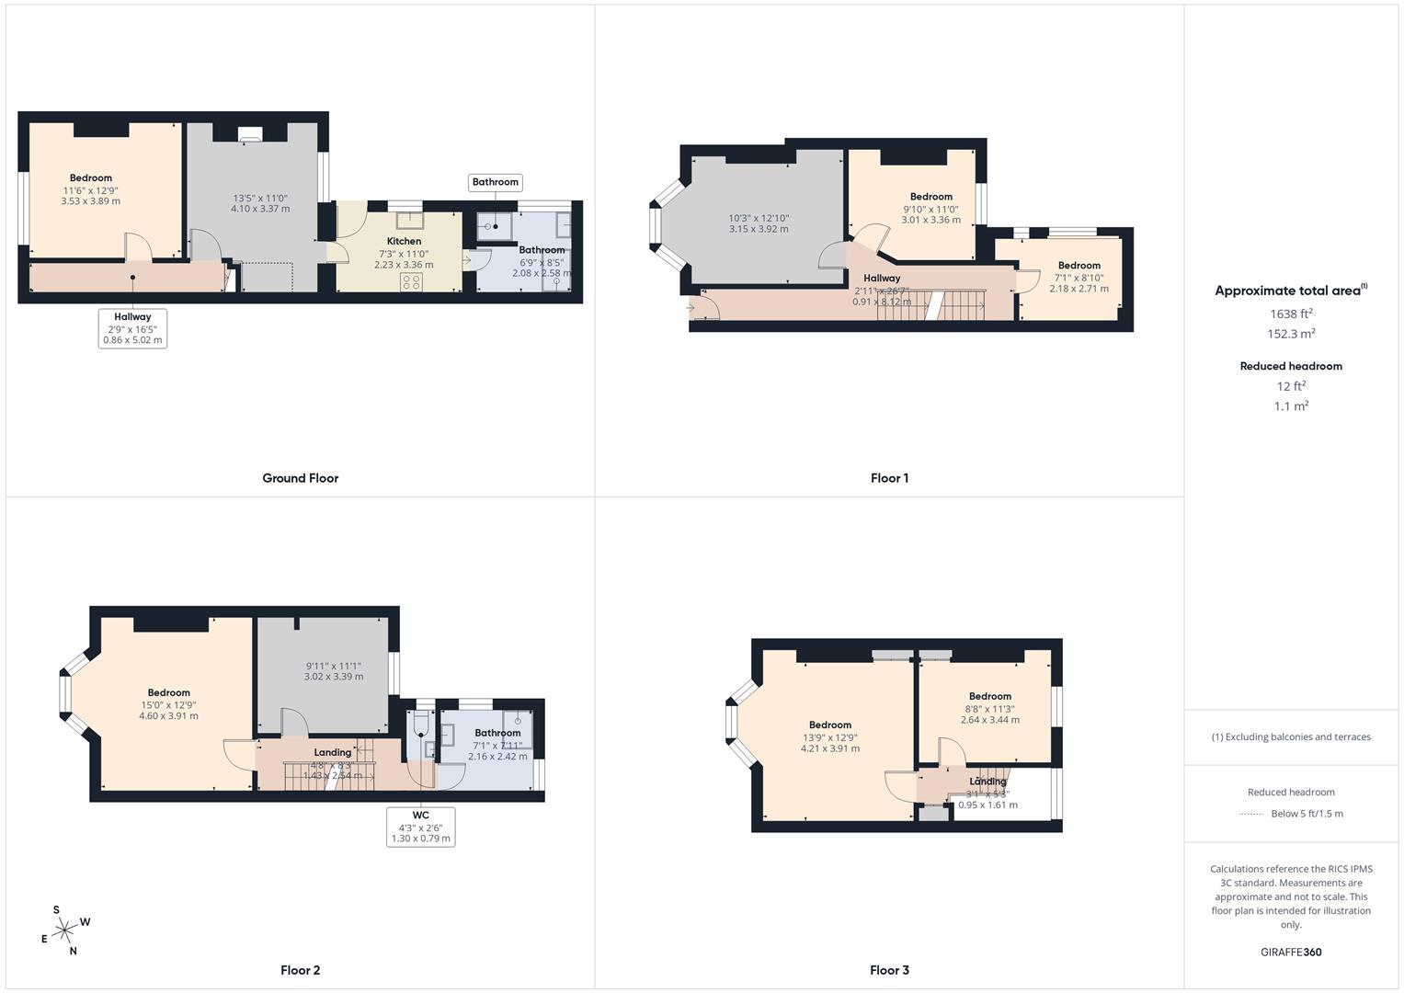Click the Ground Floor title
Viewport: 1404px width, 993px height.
(x=300, y=478)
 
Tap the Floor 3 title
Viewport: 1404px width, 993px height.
(x=889, y=970)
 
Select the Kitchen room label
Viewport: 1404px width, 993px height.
(x=404, y=241)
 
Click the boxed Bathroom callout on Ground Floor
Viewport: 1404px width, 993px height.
(x=495, y=182)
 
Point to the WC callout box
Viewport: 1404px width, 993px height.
(x=420, y=827)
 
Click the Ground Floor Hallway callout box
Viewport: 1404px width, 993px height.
(x=132, y=328)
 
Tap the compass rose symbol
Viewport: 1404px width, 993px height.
(x=64, y=931)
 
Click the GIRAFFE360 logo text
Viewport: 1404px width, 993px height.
(x=1291, y=952)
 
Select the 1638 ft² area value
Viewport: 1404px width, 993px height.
(x=1291, y=314)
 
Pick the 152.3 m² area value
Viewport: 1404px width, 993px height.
(x=1291, y=334)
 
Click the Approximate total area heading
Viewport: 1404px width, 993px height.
(x=1289, y=291)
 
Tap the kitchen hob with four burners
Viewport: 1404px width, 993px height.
(x=411, y=281)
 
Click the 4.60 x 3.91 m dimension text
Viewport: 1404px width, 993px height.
(x=168, y=715)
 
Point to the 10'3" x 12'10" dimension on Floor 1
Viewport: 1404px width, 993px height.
(x=759, y=218)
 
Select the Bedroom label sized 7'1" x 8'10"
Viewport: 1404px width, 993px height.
(x=1079, y=266)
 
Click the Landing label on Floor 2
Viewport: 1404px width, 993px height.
(x=332, y=752)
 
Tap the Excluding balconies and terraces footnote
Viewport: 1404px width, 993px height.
(x=1291, y=736)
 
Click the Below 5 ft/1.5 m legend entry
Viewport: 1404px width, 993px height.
(x=1307, y=814)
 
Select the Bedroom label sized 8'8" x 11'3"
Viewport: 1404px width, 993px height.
(x=989, y=696)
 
